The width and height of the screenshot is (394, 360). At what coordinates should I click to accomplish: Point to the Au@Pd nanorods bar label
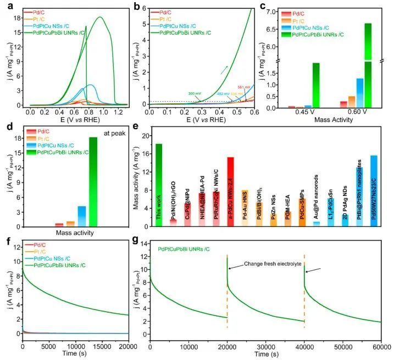316,212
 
